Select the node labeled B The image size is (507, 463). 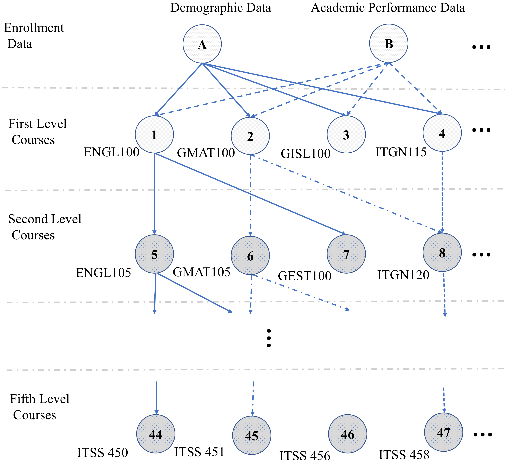point(389,43)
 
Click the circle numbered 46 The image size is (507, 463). point(347,434)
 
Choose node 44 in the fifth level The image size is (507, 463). point(156,434)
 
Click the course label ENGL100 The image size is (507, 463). point(111,152)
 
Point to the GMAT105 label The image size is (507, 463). point(201,272)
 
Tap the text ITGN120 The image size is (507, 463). point(403,275)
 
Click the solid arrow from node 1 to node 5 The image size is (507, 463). point(154,194)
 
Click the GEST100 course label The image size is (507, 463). point(305,276)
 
